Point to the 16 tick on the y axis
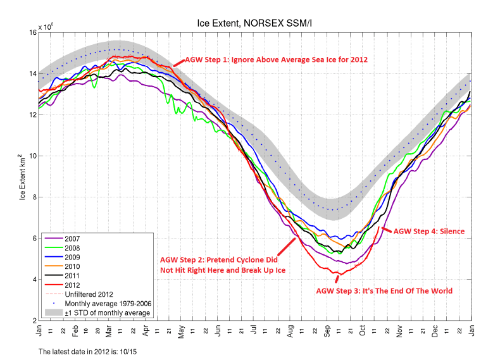click(30, 32)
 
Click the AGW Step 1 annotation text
click(276, 59)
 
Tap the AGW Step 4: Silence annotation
click(429, 232)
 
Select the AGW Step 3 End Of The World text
click(384, 291)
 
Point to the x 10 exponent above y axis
click(46, 28)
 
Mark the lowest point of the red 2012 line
click(339, 274)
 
